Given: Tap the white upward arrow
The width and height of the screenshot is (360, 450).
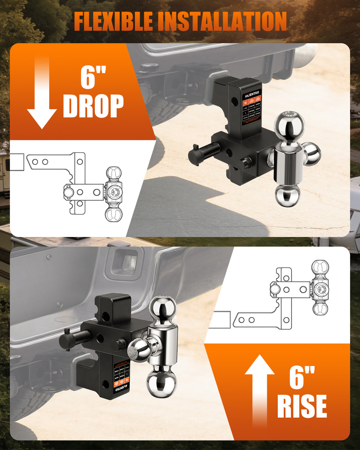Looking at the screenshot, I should coord(259,390).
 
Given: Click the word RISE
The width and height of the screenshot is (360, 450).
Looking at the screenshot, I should coord(302,406).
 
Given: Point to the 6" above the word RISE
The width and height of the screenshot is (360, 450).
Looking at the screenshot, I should coord(302,377).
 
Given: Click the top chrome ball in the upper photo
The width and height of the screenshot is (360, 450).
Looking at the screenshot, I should coord(289,125).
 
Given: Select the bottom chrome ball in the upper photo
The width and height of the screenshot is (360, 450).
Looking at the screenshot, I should coord(288,195).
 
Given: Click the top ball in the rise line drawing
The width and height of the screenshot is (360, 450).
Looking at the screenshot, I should coord(320,268).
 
